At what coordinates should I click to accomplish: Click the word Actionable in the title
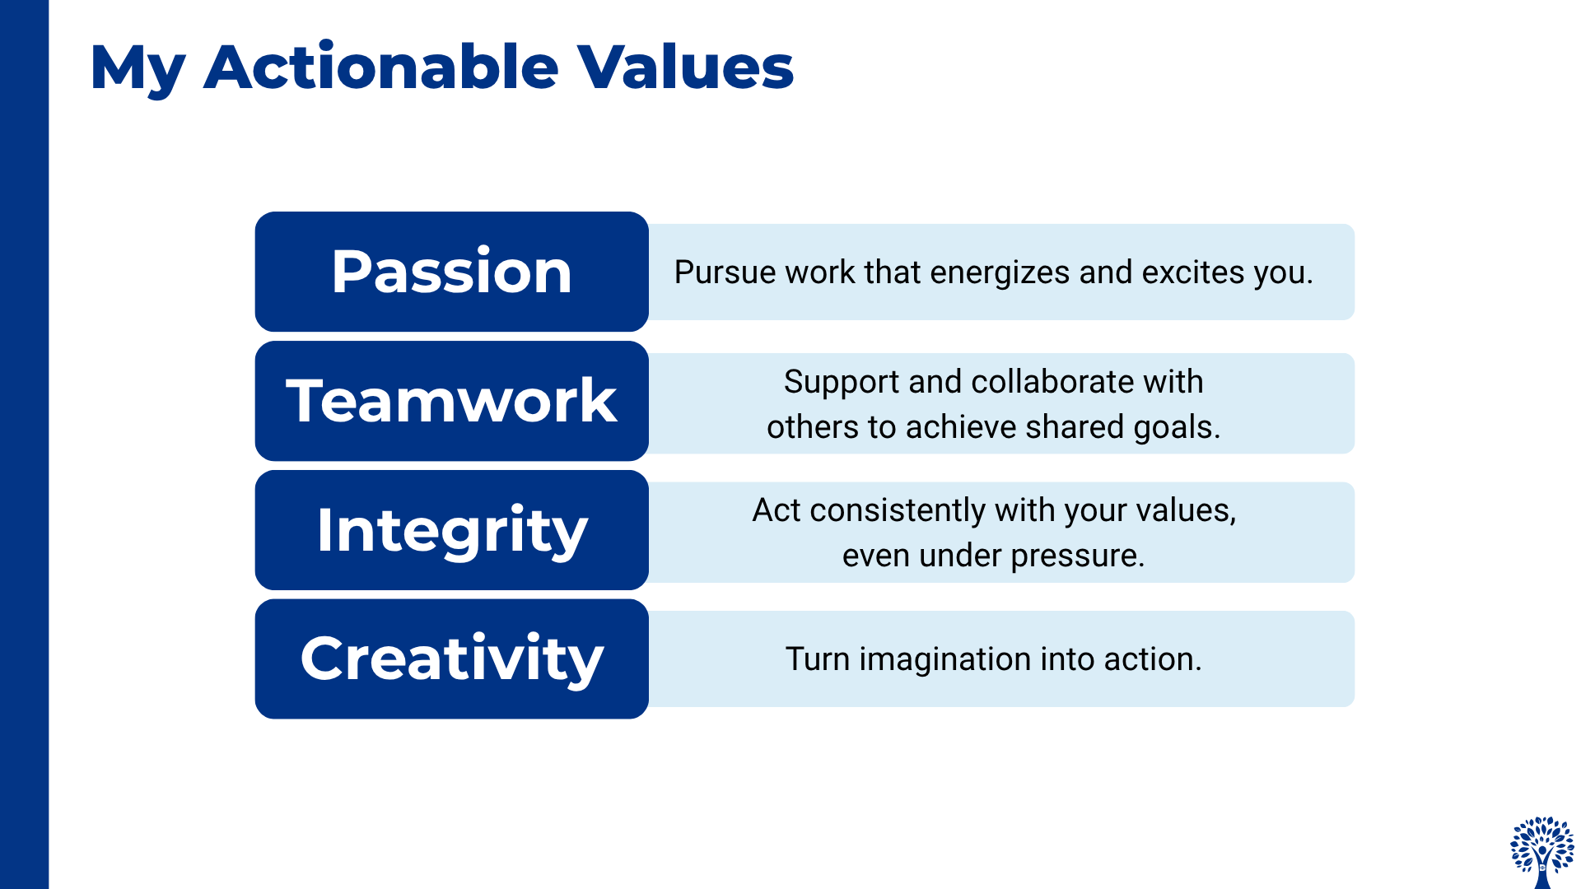[381, 67]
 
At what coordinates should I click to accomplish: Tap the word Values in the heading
[685, 67]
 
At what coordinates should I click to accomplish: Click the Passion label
[451, 272]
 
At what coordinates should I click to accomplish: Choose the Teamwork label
[451, 401]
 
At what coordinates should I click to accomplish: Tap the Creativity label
[451, 661]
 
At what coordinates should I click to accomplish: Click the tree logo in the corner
[1542, 852]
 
